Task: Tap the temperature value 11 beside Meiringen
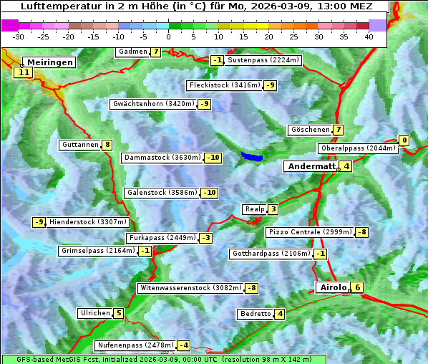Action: (23, 72)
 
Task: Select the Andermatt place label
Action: (311, 166)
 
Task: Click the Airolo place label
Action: (333, 287)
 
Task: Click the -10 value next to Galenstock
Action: (209, 193)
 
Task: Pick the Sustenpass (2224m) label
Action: (263, 60)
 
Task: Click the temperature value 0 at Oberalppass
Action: (404, 140)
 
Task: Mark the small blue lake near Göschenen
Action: (252, 156)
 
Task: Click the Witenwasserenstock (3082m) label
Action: (190, 288)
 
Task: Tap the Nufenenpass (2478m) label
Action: (135, 345)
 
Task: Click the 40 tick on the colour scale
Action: (369, 37)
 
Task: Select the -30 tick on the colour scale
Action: (19, 37)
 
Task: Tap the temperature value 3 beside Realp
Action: (273, 209)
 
